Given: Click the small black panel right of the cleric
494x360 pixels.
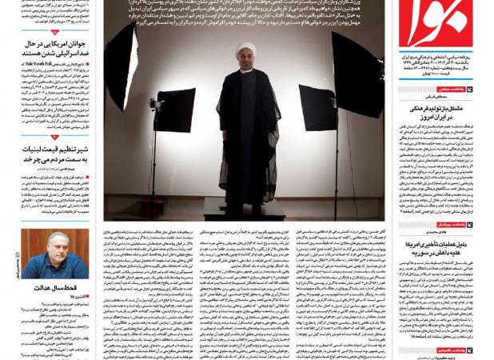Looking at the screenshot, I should (317, 108).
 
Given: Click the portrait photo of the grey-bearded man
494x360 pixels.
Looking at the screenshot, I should (55, 254).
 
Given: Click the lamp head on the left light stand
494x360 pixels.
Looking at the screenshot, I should (153, 104).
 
